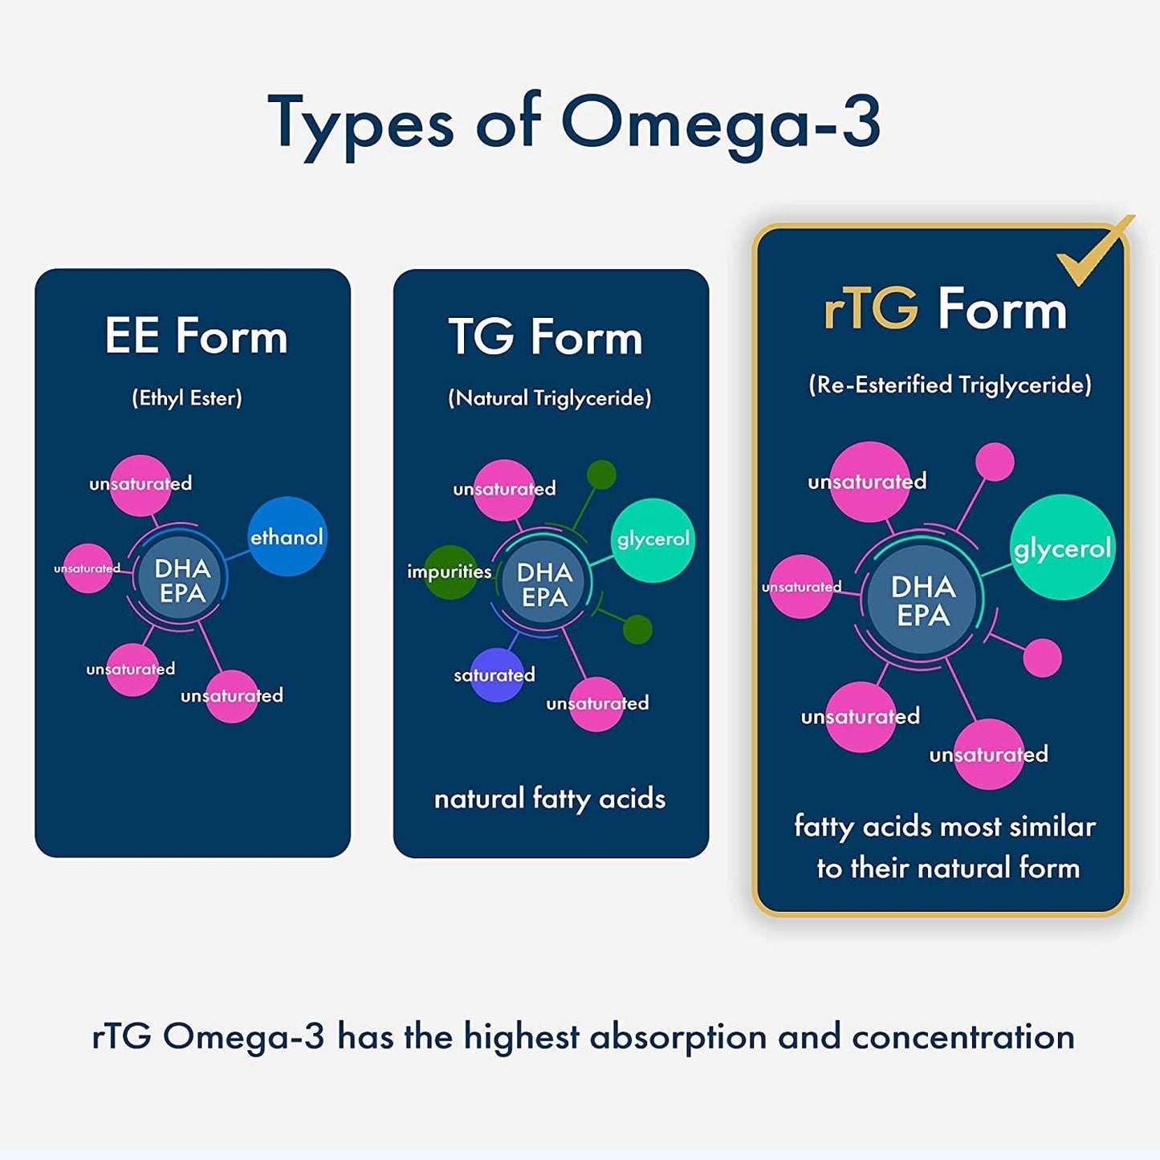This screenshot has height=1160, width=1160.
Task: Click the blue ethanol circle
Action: pos(287,536)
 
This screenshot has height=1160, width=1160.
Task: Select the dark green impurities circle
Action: pos(450,572)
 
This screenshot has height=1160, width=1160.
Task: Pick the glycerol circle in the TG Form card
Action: pos(653,539)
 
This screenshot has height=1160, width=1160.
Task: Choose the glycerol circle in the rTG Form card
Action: pos(1062,547)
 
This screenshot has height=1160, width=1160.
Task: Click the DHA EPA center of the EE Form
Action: pos(182,580)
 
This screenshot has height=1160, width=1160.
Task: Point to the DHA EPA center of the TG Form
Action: pos(544,584)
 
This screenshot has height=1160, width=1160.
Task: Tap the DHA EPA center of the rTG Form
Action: pos(923,600)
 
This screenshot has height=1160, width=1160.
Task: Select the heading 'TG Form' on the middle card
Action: pos(546,337)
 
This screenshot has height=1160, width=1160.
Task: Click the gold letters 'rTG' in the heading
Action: pos(871,309)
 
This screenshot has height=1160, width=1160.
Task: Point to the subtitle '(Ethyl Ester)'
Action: pos(187,398)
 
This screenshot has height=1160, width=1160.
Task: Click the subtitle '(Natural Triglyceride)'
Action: pos(550,398)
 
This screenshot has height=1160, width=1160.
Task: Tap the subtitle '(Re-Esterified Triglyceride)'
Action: pos(950,385)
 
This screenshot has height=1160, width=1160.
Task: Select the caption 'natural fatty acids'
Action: pos(550,799)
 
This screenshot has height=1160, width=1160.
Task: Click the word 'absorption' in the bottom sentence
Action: pos(678,1036)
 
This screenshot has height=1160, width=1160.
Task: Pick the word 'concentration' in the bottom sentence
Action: pos(963,1036)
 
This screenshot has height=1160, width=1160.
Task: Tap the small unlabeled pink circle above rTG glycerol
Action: pos(995,462)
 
